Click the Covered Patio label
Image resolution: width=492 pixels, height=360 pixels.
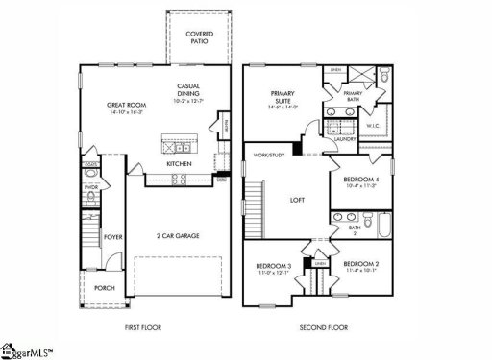coord(200,38)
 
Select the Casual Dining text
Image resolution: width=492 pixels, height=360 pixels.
coord(188,90)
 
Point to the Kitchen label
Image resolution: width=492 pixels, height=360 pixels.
coord(180,164)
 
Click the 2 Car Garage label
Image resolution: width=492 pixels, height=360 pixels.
coord(179,234)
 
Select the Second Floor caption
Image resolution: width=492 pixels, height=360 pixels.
coord(323,328)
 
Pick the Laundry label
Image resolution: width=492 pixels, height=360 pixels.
coord(345,138)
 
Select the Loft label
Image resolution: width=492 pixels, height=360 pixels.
coord(298,202)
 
